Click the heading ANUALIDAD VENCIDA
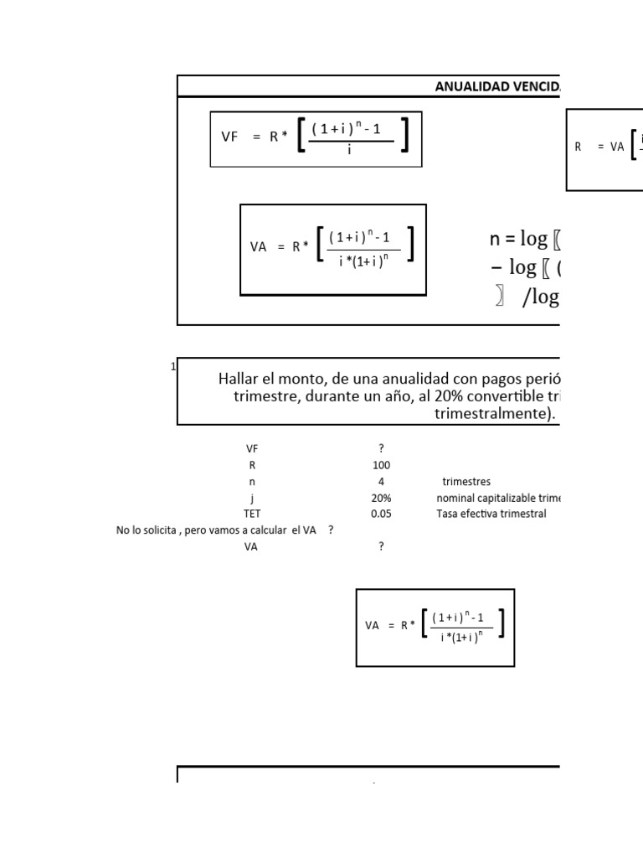[497, 86]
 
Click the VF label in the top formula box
[230, 137]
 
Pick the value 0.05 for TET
[381, 514]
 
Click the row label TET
[252, 514]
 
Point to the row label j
[252, 498]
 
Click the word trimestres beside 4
[466, 482]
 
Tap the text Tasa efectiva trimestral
[491, 514]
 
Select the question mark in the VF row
[381, 449]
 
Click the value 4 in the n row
[381, 482]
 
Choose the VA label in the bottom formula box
[373, 625]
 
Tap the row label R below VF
[252, 465]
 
